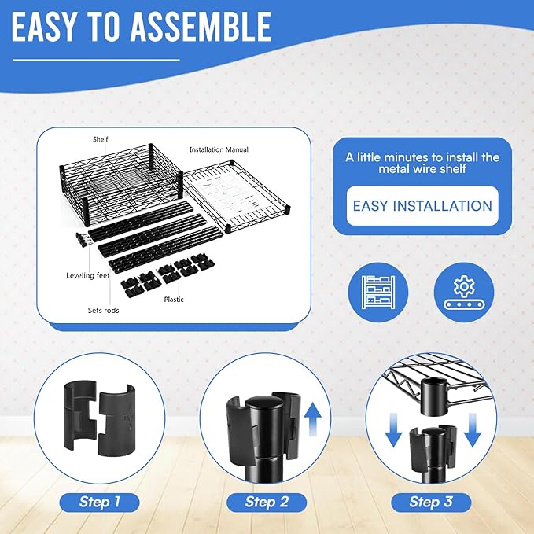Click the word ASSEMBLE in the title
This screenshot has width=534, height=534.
pos(201,27)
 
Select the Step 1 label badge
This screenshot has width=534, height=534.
pos(99,503)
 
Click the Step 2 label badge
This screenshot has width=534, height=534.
pos(267,503)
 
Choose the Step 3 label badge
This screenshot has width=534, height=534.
pos(431,503)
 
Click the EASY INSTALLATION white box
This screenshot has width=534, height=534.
pos(422,206)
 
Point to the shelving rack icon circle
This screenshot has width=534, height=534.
pos(378,293)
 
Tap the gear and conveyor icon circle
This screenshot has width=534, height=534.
pos(463,293)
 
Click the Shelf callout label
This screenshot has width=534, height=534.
pos(100,139)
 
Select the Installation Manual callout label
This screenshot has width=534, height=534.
pos(219,149)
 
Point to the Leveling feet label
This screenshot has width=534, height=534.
pos(88,275)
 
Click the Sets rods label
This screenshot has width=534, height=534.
pos(104,310)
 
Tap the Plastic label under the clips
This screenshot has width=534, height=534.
pos(174,300)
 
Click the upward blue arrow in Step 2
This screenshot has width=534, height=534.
pos(312,419)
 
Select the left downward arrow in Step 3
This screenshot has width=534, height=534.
pos(393,429)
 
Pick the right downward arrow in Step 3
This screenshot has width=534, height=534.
pos(473,429)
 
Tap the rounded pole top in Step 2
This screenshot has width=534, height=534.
pos(264,405)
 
